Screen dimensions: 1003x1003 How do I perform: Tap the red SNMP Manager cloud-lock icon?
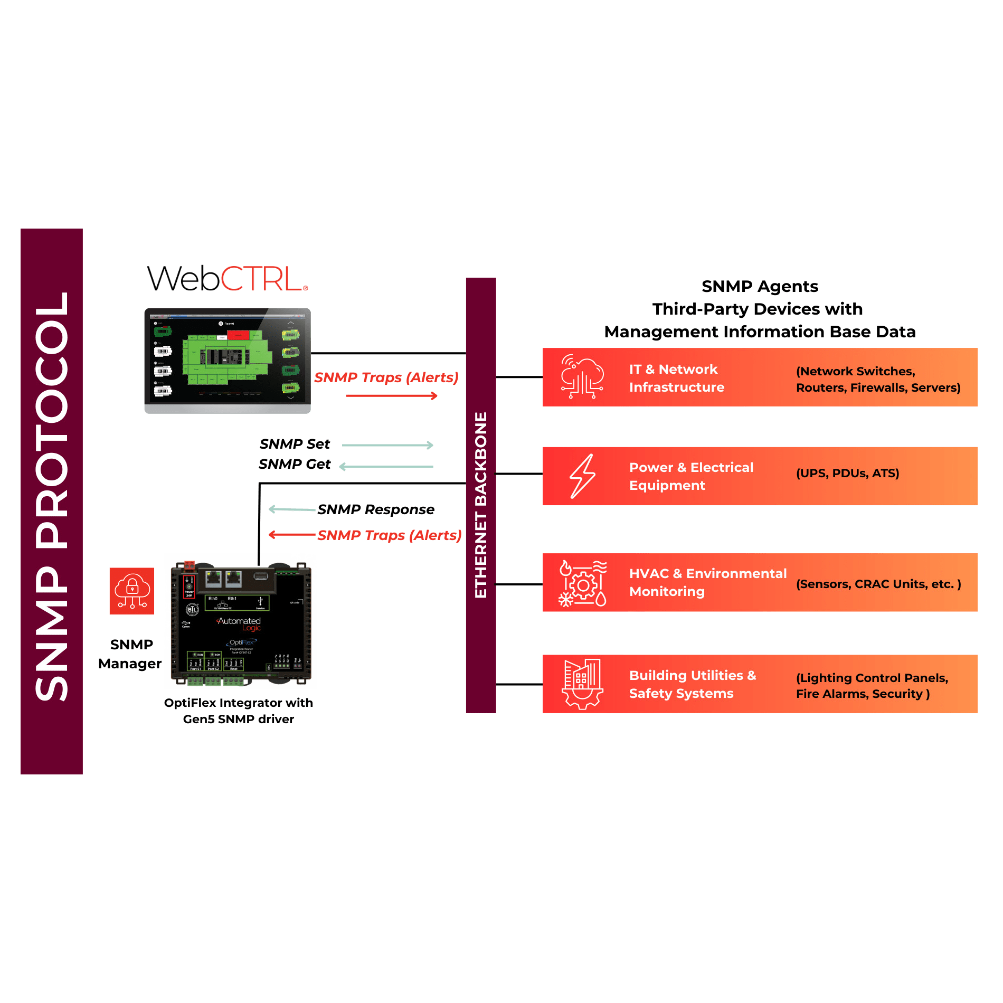click(132, 591)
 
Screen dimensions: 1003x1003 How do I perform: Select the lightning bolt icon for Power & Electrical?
click(582, 476)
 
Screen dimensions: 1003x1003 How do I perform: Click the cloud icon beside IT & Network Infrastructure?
click(582, 376)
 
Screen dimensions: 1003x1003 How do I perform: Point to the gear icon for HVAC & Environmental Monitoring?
click(583, 584)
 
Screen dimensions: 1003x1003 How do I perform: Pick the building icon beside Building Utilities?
click(582, 683)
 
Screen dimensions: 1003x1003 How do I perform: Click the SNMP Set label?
click(295, 444)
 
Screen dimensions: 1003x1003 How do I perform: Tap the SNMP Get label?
click(295, 464)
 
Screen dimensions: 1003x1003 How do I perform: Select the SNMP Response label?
click(376, 509)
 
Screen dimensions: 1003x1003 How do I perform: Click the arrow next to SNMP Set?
click(388, 446)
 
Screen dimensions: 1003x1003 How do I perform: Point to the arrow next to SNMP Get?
click(386, 467)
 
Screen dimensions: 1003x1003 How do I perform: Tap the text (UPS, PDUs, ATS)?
click(847, 473)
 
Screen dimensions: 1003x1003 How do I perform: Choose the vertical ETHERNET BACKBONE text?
click(481, 505)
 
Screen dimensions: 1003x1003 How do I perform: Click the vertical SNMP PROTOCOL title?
click(52, 496)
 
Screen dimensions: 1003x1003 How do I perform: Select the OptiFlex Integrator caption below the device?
click(239, 711)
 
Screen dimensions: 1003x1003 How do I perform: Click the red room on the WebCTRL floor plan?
click(238, 335)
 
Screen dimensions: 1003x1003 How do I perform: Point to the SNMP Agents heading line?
click(760, 286)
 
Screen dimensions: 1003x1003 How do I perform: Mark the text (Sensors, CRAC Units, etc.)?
click(878, 584)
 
